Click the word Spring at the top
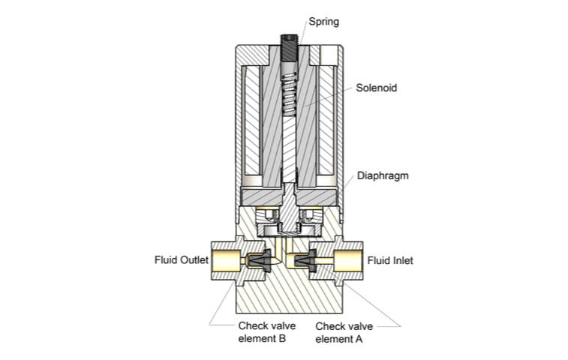(x=324, y=22)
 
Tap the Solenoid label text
(x=376, y=88)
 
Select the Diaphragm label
(x=382, y=176)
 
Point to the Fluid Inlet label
(x=389, y=261)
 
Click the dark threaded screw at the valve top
(x=290, y=49)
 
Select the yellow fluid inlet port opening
(x=351, y=261)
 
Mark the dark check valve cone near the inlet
(x=307, y=261)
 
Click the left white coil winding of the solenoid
(x=253, y=120)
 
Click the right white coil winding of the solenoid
(x=327, y=120)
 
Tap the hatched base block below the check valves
(x=289, y=296)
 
